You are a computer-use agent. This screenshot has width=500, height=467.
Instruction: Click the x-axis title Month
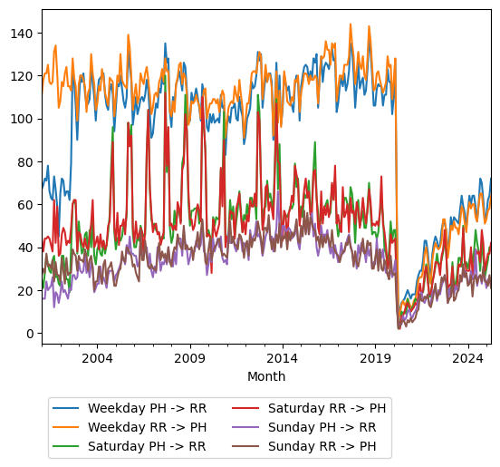[x=266, y=376]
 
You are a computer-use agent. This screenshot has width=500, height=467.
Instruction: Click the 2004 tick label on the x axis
[x=97, y=358]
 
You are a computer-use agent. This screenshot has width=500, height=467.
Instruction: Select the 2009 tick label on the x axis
[x=189, y=358]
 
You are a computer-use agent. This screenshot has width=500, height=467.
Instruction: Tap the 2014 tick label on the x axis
[x=282, y=358]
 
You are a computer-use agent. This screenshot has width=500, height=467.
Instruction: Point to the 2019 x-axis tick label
[x=375, y=358]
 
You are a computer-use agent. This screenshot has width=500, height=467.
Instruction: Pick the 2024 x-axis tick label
[x=467, y=358]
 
